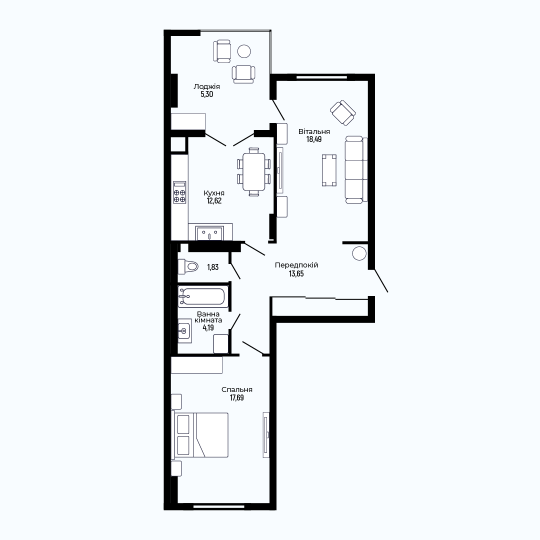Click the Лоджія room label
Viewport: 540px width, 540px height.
206,86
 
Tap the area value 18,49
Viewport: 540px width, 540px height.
314,139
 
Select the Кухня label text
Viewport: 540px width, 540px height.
214,193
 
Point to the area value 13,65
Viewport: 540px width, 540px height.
296,274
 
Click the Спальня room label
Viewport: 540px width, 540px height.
237,389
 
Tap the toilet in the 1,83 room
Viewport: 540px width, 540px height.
188,266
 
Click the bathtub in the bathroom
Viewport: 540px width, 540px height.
203,296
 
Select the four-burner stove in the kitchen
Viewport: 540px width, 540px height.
179,192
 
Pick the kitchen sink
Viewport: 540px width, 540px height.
209,233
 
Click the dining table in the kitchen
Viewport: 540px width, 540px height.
254,171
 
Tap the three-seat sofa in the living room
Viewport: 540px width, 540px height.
356,169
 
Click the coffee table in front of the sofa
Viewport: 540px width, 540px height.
329,170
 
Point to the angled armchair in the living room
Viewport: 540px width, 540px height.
343,112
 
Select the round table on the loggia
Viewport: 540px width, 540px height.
244,51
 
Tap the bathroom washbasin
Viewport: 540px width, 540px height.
184,330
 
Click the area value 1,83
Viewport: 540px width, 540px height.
213,267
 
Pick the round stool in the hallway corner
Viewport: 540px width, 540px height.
359,253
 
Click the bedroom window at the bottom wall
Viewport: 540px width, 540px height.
219,506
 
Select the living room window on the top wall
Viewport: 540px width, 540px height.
321,77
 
